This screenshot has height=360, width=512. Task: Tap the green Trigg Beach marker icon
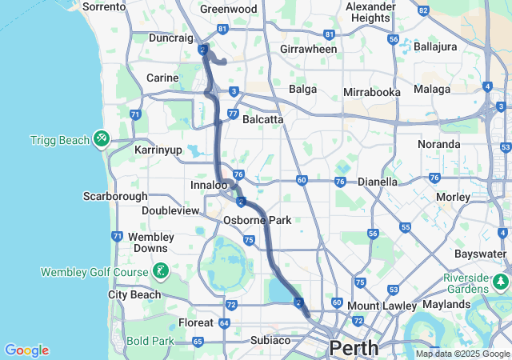102,139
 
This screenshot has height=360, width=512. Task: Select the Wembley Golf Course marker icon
161,271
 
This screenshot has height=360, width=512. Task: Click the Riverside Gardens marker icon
502,282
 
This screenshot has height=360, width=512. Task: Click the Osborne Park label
257,220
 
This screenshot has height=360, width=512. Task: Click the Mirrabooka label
371,92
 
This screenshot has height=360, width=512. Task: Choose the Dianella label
378,182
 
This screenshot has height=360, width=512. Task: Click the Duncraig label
171,38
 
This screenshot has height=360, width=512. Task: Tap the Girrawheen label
309,49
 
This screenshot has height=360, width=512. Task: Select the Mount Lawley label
382,306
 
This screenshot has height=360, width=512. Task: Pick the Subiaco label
270,340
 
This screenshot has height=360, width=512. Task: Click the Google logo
26,350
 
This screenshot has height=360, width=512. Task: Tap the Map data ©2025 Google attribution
462,354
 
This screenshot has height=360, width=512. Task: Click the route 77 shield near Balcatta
231,114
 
